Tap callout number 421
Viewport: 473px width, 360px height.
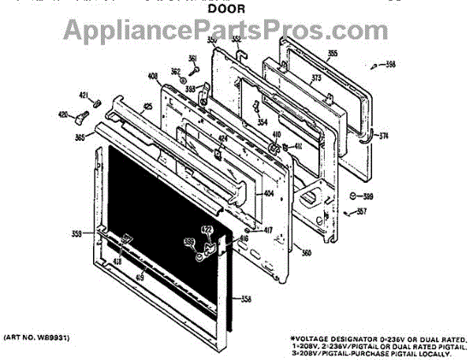tap(84, 96)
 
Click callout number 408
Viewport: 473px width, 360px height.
tap(151, 77)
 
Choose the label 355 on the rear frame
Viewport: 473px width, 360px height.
tap(332, 54)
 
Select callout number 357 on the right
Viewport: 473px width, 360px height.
tap(362, 211)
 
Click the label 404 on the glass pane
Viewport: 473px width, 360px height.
tap(268, 192)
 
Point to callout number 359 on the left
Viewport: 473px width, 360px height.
tap(76, 233)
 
